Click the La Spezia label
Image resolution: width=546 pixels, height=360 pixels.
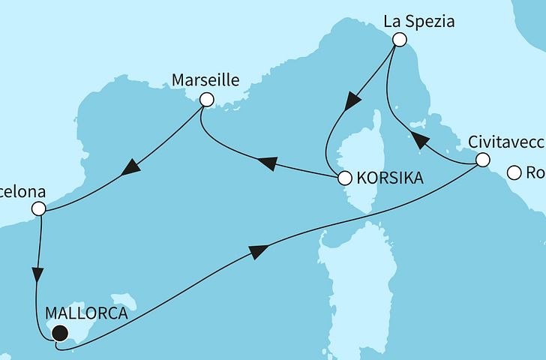coord(419,22)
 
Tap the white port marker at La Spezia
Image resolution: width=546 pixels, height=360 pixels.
coord(400,40)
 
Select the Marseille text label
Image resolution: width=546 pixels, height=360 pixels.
coord(200,79)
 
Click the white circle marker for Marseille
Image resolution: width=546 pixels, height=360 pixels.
coord(206,99)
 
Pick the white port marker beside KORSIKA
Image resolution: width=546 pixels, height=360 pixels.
coord(344,178)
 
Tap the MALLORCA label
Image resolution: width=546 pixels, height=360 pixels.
coord(85,314)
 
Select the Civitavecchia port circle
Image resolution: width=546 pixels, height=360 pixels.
coord(483,160)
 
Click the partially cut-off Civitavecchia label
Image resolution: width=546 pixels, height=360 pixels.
coord(505,140)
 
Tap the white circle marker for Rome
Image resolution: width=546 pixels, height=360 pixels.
coord(514,173)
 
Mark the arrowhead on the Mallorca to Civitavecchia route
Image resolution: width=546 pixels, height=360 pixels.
coord(257,253)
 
